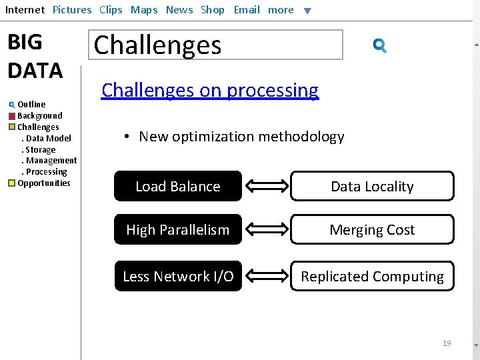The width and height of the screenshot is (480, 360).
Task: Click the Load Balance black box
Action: pos(177,187)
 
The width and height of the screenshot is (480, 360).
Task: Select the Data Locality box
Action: pos(372,187)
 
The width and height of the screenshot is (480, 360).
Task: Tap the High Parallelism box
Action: pos(177,230)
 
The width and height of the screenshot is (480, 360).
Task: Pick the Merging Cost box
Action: pos(372,230)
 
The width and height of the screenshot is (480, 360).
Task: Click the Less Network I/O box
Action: pos(177,277)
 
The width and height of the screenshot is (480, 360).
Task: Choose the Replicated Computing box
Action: pos(372,277)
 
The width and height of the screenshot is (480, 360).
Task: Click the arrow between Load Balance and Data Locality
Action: pos(266,187)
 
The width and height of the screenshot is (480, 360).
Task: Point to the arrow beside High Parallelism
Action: pos(266,230)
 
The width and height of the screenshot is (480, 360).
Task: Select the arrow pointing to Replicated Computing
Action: pos(266,277)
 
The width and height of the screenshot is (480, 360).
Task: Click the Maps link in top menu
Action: pos(144,10)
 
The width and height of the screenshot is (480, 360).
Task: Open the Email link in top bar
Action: pos(247,10)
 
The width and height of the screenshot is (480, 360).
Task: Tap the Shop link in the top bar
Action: pos(213,10)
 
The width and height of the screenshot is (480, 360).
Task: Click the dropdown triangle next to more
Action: pos(307,11)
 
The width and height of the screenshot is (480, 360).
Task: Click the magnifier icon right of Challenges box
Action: pos(380,45)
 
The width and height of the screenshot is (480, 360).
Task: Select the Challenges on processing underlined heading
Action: pos(210,90)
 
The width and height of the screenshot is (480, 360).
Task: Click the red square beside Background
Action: pos(12,116)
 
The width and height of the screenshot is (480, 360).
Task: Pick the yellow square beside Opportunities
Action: pos(12,183)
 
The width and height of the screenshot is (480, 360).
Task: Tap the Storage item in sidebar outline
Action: pos(40,149)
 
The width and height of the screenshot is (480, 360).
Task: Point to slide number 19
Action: pos(447,343)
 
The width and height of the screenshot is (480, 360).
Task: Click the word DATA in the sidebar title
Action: pos(35,70)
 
